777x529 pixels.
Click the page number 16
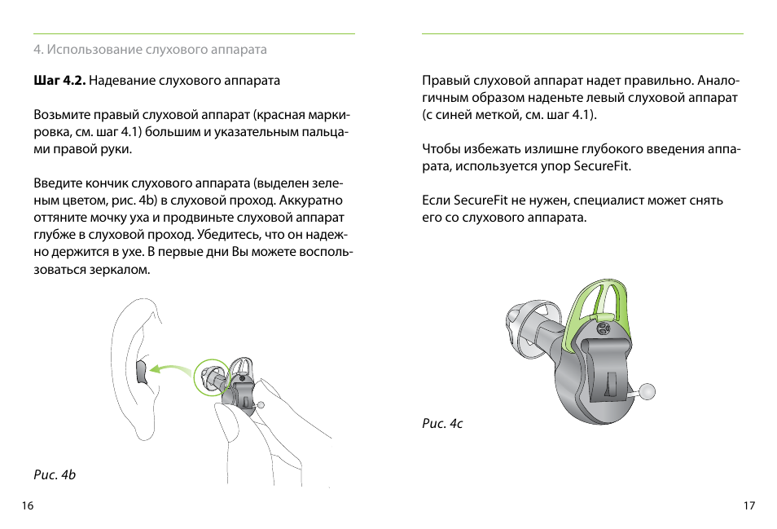28,506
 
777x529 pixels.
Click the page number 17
749,506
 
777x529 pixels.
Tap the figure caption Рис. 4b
55,474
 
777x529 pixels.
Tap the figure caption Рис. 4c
442,424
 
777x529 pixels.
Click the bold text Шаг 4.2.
59,81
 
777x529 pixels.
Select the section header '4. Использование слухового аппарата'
150,50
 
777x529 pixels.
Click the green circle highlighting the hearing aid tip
212,379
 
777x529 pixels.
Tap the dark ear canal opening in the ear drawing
140,373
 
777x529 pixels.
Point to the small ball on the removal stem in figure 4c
647,392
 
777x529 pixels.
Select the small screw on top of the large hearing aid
603,328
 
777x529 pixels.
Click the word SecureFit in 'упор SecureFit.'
602,166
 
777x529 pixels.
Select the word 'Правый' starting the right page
443,81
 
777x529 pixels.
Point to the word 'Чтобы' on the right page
441,149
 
